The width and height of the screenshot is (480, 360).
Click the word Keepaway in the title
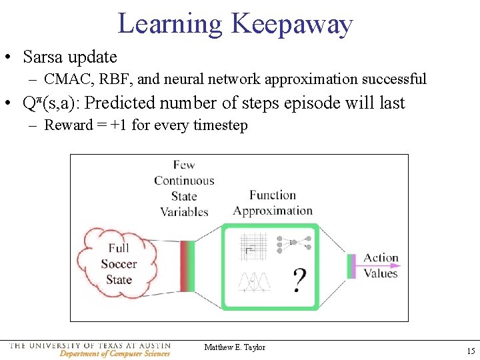click(291, 24)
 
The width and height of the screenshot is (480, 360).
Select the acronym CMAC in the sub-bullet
click(68, 79)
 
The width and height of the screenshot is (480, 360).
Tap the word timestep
click(219, 125)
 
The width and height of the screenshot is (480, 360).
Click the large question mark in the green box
click(299, 280)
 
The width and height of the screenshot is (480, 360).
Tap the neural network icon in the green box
click(294, 245)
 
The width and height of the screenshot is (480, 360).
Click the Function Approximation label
click(273, 203)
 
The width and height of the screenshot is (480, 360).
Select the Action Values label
click(381, 265)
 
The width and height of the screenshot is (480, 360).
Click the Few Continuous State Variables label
click(183, 188)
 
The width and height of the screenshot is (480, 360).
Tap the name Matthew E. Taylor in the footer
click(235, 347)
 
